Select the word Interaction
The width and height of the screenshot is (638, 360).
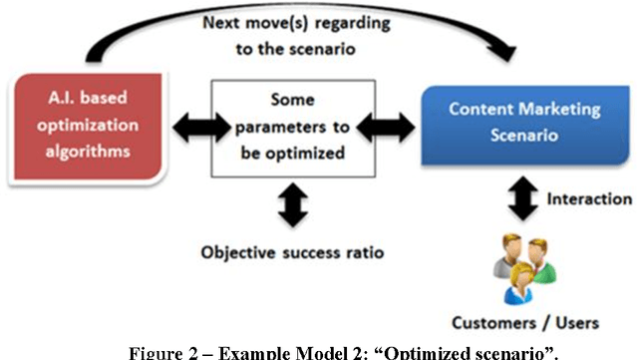pyautogui.click(x=588, y=198)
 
